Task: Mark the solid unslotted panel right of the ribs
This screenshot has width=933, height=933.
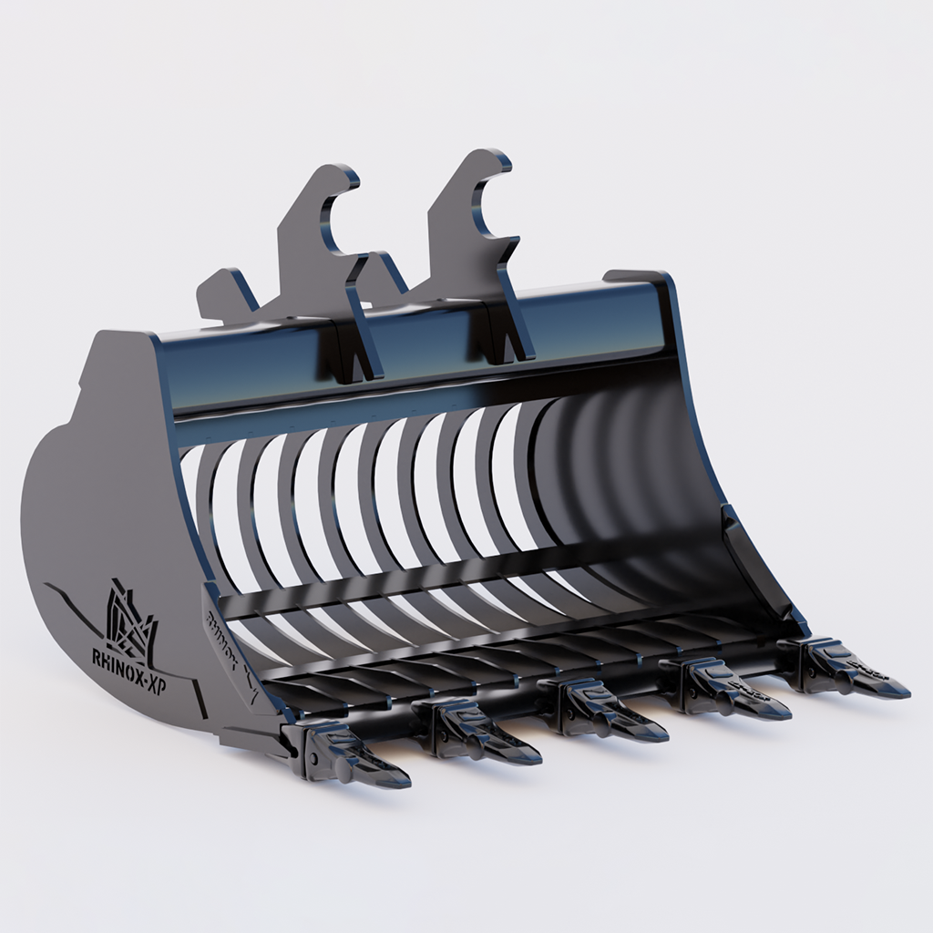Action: click(620, 483)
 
